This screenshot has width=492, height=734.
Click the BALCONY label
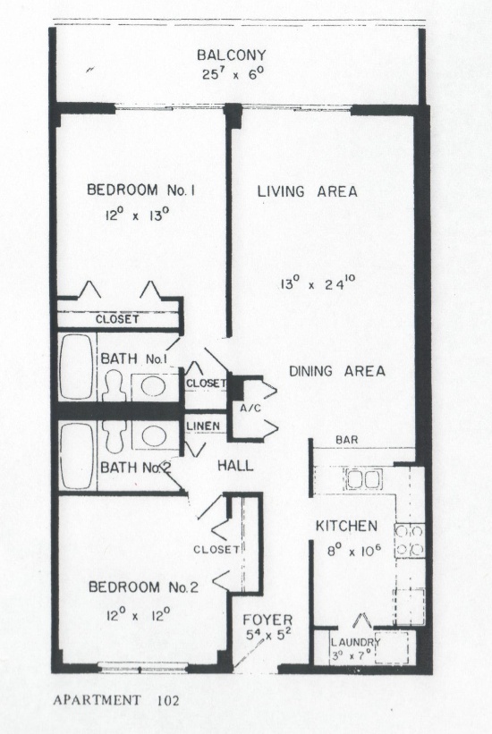231,55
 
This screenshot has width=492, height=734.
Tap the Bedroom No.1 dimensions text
136,215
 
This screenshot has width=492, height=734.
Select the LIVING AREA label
308,191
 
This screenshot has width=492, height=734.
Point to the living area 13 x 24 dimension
318,283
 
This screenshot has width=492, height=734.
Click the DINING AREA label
337,371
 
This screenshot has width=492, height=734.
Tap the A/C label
250,408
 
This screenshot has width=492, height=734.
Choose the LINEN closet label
203,426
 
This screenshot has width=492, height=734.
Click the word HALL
235,466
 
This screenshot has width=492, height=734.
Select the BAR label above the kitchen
347,440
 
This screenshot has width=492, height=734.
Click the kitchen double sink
364,479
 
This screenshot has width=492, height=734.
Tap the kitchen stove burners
410,541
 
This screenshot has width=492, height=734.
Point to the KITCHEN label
346,526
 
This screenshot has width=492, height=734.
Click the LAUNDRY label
356,642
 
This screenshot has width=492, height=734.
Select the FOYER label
267,620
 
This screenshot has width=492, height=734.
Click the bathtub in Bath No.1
76,367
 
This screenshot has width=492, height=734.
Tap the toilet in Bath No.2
115,436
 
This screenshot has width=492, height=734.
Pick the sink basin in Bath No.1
154,386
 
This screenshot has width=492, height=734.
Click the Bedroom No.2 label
143,587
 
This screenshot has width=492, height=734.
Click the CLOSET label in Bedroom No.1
117,319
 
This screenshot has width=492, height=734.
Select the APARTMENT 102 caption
116,700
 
